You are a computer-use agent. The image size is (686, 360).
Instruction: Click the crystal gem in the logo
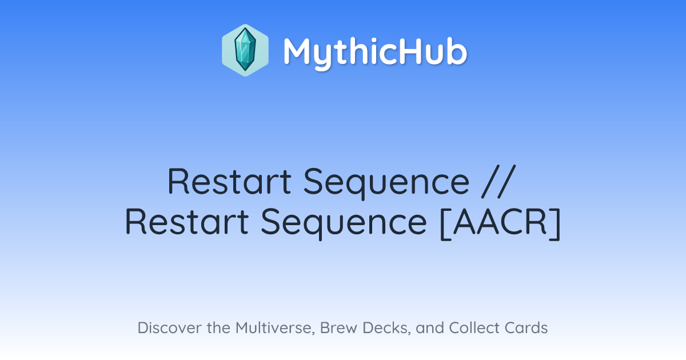tap(245, 50)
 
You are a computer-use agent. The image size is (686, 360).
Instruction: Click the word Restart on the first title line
tap(229, 181)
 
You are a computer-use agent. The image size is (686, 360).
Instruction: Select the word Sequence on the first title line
tap(386, 183)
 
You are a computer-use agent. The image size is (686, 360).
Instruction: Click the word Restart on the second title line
tap(187, 222)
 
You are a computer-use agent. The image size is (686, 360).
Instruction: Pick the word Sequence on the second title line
tap(344, 223)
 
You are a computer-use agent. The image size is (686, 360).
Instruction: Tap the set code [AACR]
tap(500, 222)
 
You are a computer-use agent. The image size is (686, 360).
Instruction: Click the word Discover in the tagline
tap(169, 327)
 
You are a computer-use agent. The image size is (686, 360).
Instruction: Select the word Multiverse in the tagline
tap(275, 328)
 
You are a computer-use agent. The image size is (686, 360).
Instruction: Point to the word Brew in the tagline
tap(338, 327)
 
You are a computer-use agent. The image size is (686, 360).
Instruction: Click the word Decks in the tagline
tap(386, 328)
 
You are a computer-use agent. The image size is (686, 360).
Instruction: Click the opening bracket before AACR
tap(445, 223)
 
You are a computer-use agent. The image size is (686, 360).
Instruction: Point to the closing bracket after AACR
tap(555, 223)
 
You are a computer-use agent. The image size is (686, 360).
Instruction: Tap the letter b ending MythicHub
tap(457, 50)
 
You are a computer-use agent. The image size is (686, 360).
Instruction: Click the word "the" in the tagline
tap(218, 327)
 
